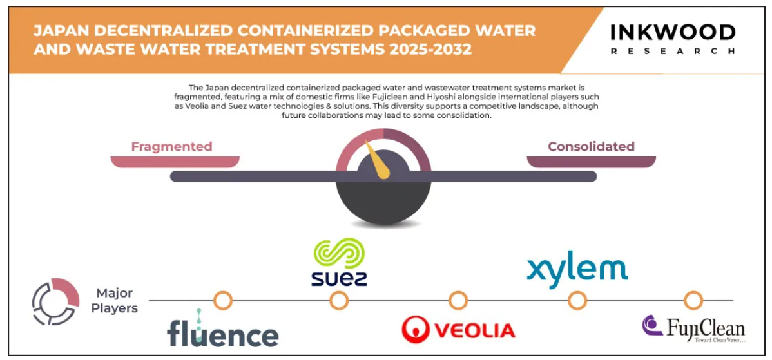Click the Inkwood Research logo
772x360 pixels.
(x=673, y=39)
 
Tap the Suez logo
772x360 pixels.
(x=339, y=262)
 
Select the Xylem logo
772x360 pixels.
(x=577, y=269)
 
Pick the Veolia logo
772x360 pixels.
(x=458, y=329)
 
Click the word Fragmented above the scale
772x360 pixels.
(x=171, y=147)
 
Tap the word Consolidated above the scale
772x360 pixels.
(x=591, y=147)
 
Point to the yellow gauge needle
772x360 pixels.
(x=376, y=159)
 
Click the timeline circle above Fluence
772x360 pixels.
(x=223, y=300)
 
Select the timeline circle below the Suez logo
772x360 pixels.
(x=339, y=300)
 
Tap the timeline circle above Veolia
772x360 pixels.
(x=458, y=300)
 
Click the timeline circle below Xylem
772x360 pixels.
(x=577, y=300)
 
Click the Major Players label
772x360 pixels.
(x=114, y=301)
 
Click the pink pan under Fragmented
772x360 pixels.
(x=175, y=162)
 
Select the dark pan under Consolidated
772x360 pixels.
(x=592, y=162)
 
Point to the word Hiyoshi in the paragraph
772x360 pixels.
(x=434, y=97)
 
